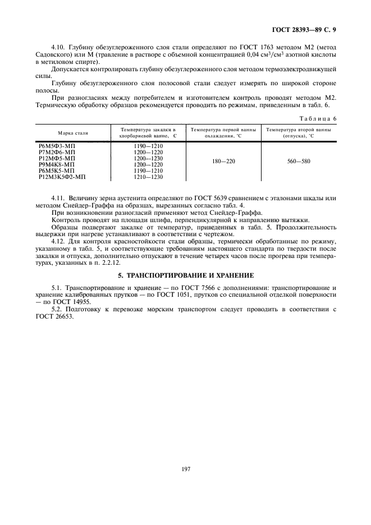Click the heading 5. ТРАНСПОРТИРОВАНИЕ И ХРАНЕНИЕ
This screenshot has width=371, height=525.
tap(186, 275)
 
